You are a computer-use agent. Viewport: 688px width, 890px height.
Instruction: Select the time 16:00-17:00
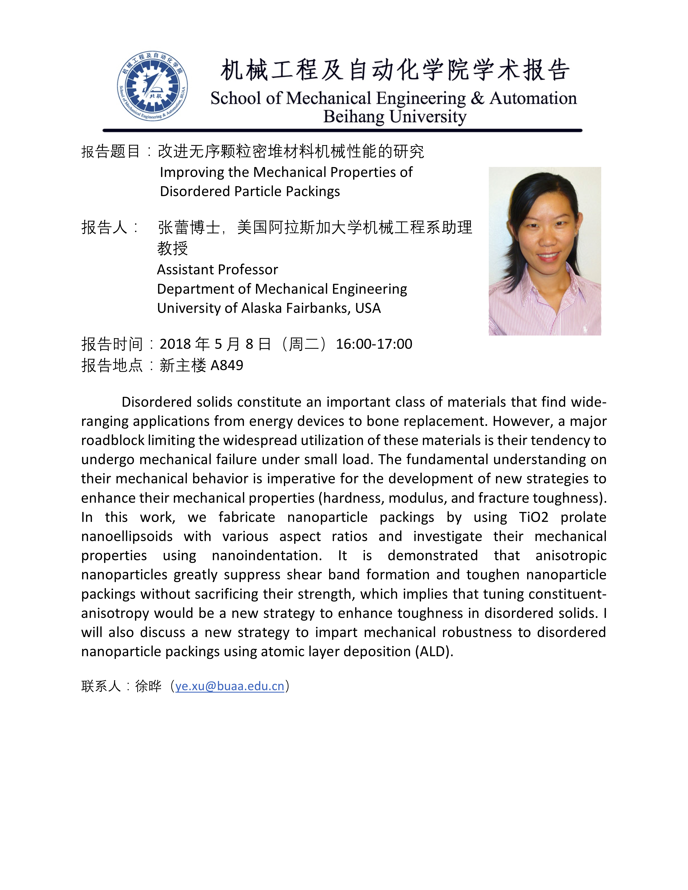pyautogui.click(x=374, y=344)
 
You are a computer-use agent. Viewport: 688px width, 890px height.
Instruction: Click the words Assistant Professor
pyautogui.click(x=217, y=269)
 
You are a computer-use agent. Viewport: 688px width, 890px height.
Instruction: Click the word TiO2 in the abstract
pyautogui.click(x=534, y=517)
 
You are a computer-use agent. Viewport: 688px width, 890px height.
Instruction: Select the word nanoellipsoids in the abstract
pyautogui.click(x=127, y=536)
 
